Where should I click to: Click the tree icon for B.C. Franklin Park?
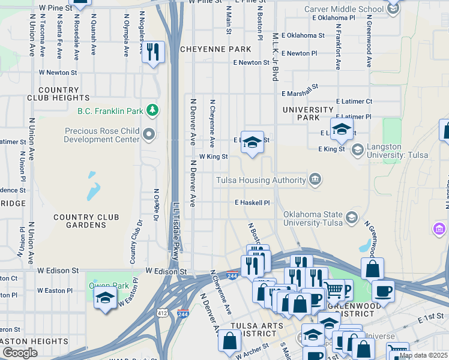point(153,110)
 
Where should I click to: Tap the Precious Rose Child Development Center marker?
point(149,133)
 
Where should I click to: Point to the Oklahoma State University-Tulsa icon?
point(352,217)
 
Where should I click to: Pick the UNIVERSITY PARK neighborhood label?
point(307,113)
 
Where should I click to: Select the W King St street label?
point(213,156)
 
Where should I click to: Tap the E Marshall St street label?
point(300,91)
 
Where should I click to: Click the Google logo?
point(20,352)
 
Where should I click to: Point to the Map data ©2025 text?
point(423,355)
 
